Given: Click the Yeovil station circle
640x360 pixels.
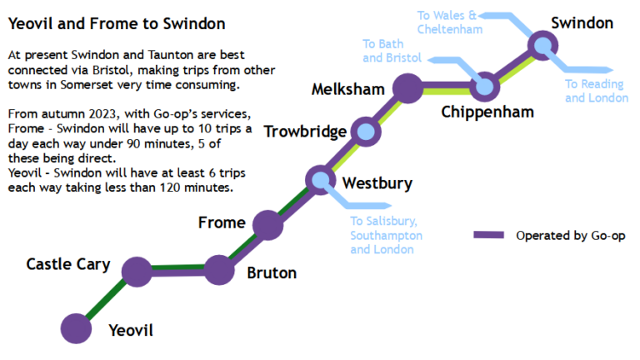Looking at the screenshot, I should (76, 327).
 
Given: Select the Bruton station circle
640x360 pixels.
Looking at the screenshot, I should (218, 270).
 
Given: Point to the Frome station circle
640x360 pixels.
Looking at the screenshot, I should (267, 224).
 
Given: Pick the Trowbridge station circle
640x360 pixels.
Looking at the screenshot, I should (365, 131).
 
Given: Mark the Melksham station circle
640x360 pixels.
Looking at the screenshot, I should (407, 87).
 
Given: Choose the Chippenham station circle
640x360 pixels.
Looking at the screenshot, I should (484, 86).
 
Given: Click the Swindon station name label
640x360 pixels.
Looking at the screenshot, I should (582, 22).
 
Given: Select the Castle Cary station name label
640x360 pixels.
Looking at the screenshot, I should (68, 264).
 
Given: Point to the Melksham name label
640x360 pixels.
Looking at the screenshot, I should (347, 89).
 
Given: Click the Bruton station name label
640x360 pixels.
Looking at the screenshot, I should (272, 272).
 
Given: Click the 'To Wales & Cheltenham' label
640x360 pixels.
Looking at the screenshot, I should (449, 22).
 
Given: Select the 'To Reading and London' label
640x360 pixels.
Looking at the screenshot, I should (596, 91).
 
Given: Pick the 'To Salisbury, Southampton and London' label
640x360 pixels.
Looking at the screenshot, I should (386, 235).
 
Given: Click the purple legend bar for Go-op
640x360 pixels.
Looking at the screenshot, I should (488, 235).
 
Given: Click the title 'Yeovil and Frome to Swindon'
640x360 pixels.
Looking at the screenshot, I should (117, 24).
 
